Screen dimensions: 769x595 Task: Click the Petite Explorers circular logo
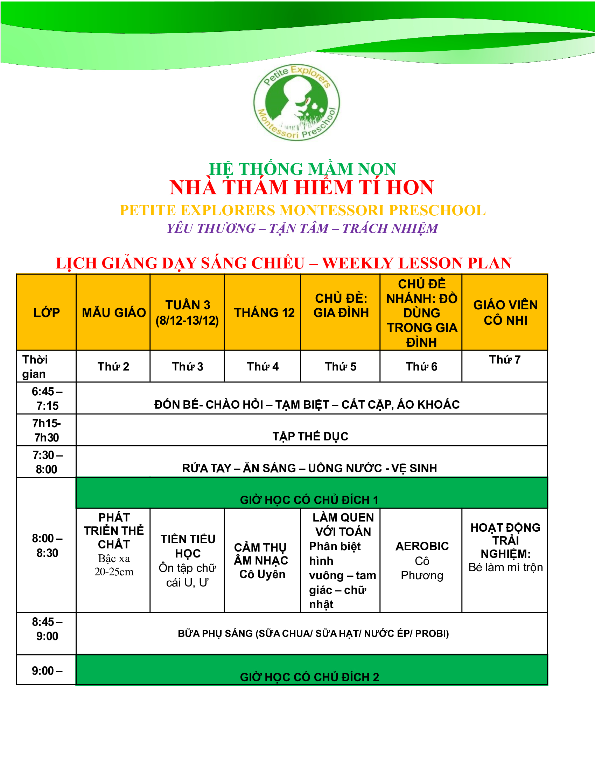pos(296,102)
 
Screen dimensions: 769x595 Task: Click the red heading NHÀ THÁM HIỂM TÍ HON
pos(301,187)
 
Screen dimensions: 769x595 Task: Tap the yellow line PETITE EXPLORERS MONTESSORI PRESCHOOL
pos(302,210)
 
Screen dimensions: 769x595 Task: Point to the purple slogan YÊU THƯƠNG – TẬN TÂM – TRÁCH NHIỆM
pos(302,228)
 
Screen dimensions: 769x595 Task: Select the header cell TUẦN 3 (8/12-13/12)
pos(187,312)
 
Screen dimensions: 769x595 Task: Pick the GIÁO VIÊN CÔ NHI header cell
pos(505,312)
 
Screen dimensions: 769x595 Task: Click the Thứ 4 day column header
pos(262,367)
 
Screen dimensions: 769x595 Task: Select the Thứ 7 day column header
pos(505,359)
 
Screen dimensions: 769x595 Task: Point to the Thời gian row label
pos(35,367)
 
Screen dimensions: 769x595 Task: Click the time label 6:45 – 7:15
pos(47,398)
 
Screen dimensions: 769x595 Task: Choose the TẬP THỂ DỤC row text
pos(310,436)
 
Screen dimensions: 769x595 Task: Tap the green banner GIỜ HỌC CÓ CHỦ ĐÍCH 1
pos(309,500)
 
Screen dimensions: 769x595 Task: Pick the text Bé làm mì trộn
pos(505,567)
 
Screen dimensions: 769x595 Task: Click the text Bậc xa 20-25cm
pos(114,565)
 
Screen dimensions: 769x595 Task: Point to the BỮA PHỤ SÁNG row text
pos(313,633)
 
